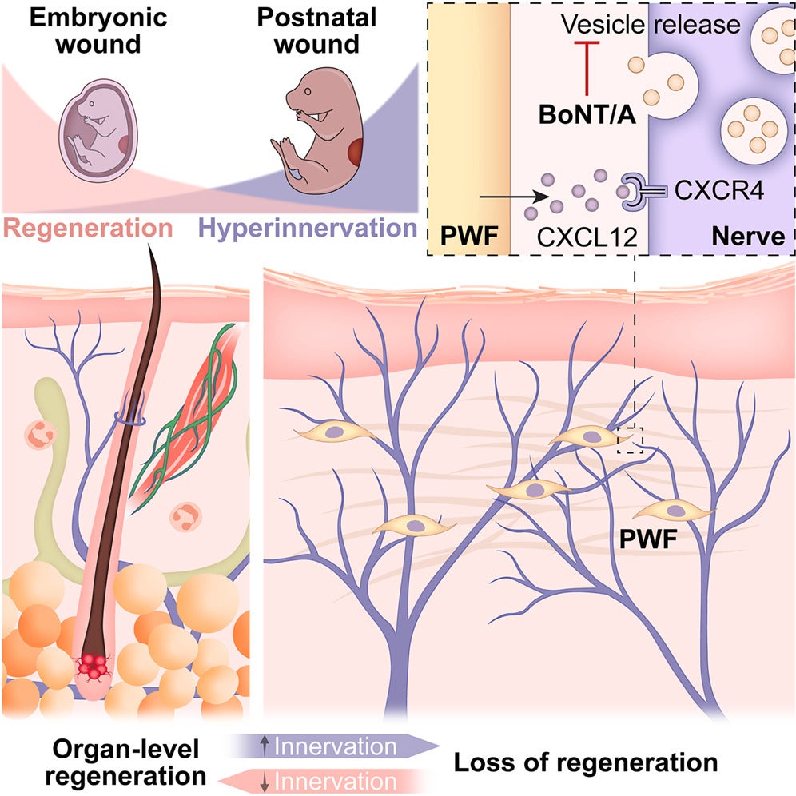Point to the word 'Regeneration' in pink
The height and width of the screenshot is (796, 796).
(87, 229)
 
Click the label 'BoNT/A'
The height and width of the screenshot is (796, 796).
(586, 116)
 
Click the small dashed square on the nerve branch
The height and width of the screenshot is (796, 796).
(631, 440)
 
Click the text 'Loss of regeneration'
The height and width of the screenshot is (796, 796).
(586, 762)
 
